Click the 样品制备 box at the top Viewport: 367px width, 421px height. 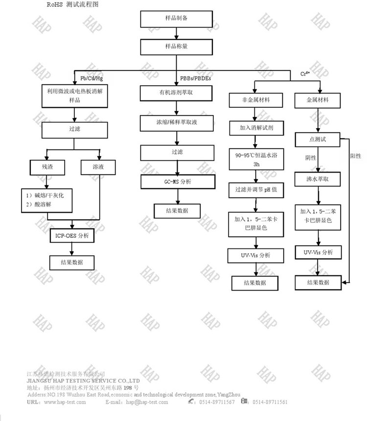click(x=177, y=19)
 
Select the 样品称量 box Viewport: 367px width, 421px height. click(x=177, y=47)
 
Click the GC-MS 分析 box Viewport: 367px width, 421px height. click(x=178, y=181)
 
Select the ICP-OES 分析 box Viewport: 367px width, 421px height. click(x=72, y=235)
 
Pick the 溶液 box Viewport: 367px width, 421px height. click(x=98, y=168)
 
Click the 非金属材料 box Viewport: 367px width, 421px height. click(x=253, y=100)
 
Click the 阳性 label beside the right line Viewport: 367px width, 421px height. click(x=356, y=156)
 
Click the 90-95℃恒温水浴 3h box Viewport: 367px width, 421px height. click(x=253, y=159)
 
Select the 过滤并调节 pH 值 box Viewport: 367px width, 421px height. click(x=253, y=190)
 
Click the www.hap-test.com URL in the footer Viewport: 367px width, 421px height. click(x=65, y=402)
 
